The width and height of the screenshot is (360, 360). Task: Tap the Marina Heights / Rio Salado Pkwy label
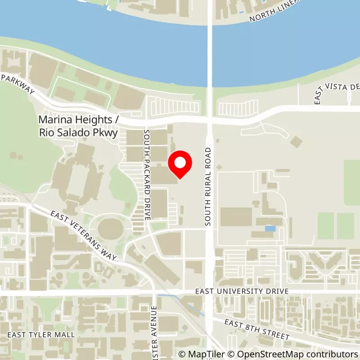pyautogui.click(x=78, y=126)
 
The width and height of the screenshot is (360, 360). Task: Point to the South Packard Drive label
pyautogui.click(x=146, y=175)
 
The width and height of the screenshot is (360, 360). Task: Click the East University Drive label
pyautogui.click(x=242, y=292)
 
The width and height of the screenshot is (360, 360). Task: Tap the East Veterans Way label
pyautogui.click(x=84, y=235)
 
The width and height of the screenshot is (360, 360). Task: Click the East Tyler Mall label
pyautogui.click(x=34, y=335)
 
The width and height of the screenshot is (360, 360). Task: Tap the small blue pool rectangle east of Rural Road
pyautogui.click(x=270, y=229)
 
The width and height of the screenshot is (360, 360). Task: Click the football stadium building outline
pyautogui.click(x=78, y=177)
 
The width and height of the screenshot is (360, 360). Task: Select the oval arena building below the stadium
pyautogui.click(x=110, y=229)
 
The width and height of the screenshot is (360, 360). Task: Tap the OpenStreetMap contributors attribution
pyautogui.click(x=294, y=354)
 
